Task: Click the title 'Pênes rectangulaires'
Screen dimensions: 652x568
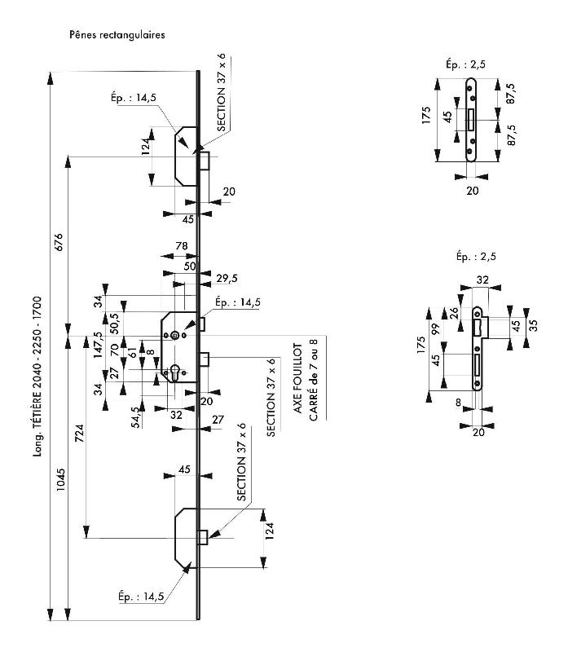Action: (118, 36)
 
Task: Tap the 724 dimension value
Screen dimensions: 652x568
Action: (79, 436)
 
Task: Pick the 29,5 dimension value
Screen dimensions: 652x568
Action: (227, 278)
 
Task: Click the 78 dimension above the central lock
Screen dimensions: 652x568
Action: (183, 246)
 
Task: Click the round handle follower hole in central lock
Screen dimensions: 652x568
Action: (174, 334)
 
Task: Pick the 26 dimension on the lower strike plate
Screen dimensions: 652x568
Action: (456, 313)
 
